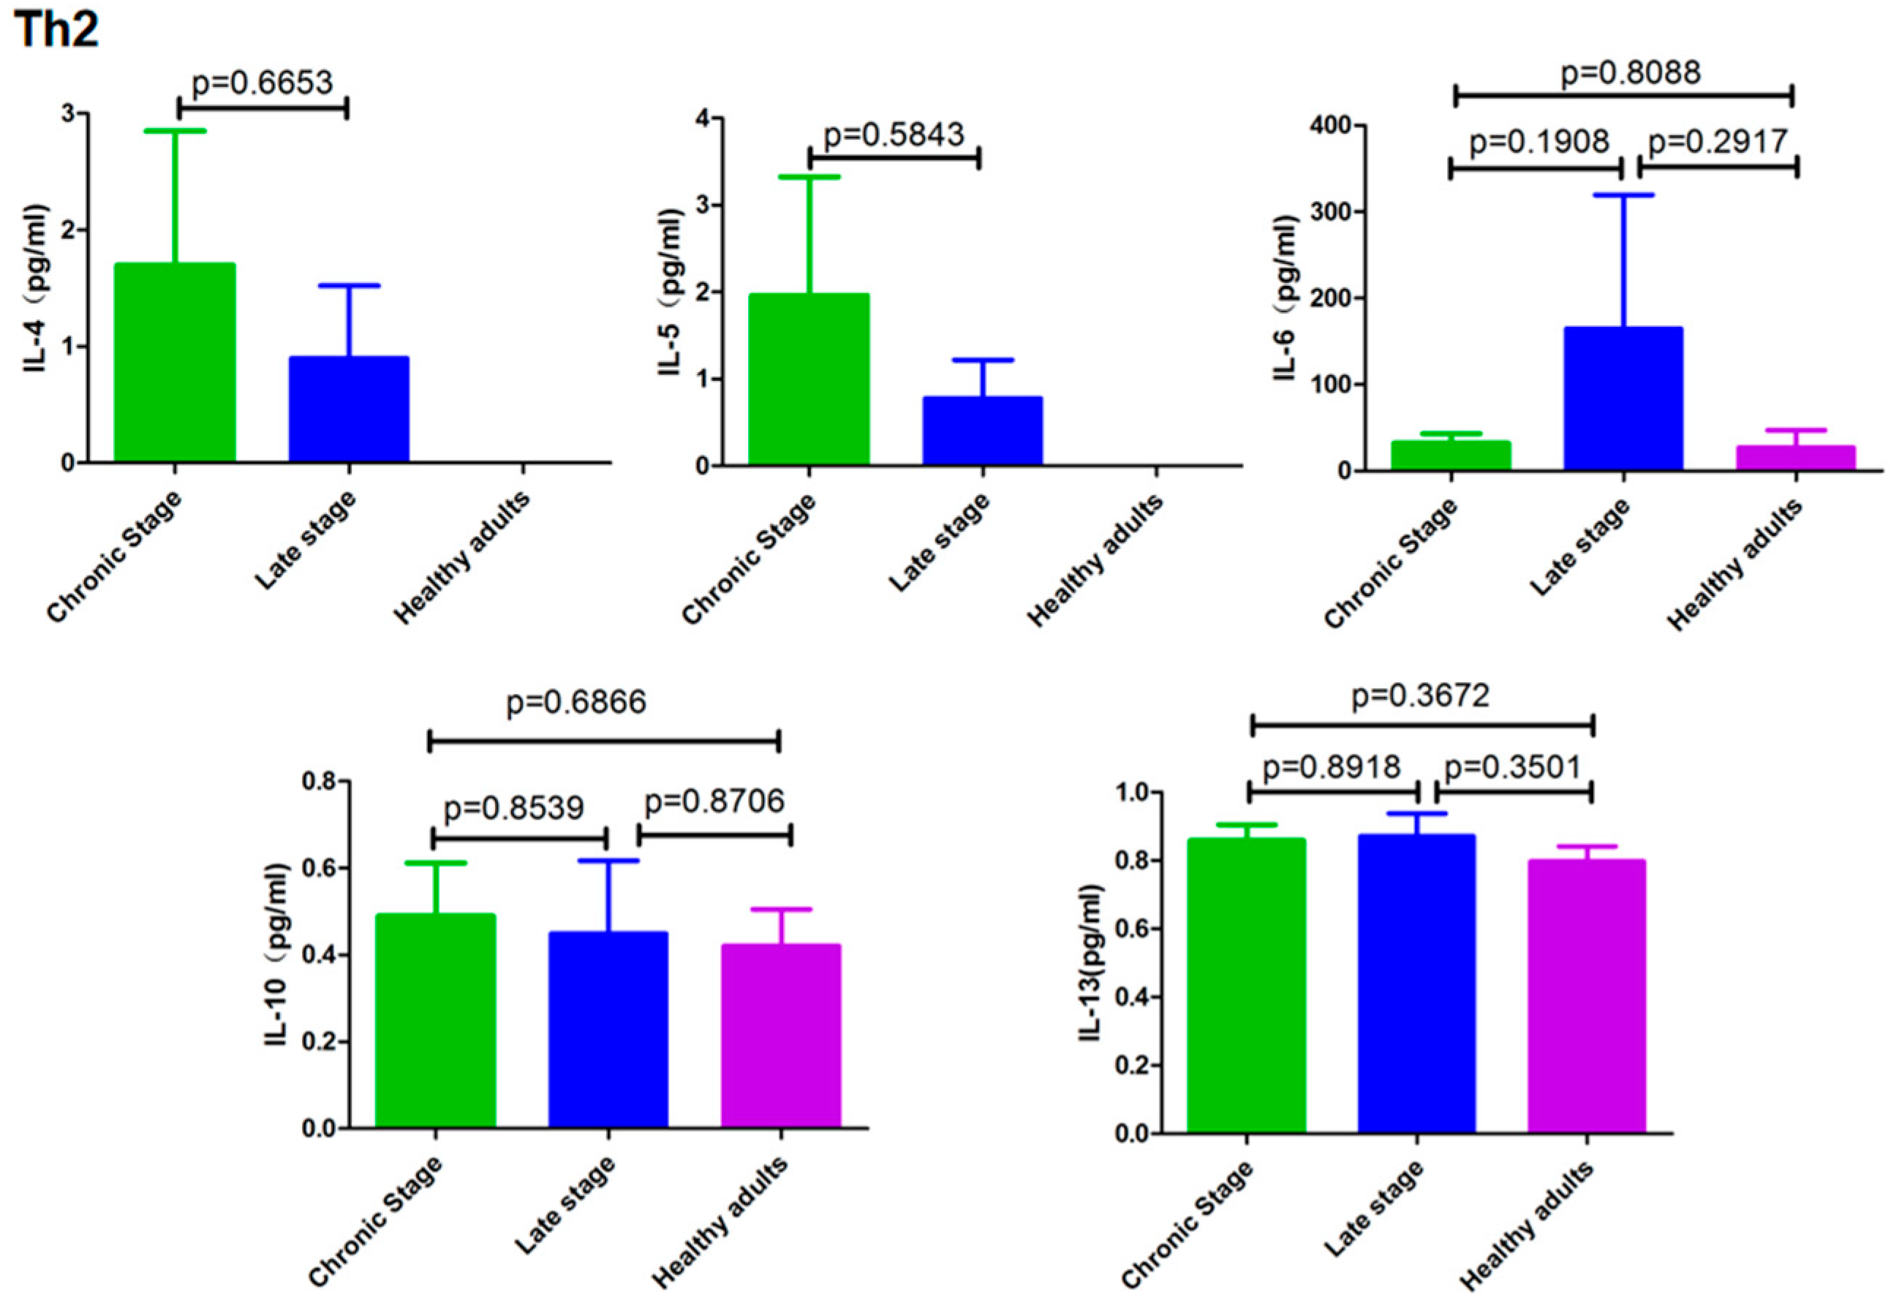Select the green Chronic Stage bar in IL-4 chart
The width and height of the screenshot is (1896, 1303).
coord(175,363)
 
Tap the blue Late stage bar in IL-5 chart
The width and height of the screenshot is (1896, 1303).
coord(983,431)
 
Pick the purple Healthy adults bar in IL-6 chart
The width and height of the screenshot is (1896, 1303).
coord(1796,458)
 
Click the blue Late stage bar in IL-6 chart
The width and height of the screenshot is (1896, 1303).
coord(1623,399)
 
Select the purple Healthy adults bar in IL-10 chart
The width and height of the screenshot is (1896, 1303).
coord(781,1036)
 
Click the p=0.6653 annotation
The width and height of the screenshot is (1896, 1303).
coord(263,83)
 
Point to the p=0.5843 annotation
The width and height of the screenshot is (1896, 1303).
coord(894,135)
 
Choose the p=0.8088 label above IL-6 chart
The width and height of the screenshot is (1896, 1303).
coord(1631,72)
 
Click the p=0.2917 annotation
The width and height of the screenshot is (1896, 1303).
coord(1718,143)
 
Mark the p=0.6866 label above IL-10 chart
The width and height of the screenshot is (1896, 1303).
coord(576,702)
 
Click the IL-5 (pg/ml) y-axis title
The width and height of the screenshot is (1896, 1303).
coord(670,292)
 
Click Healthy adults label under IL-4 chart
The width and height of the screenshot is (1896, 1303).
coord(463,556)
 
